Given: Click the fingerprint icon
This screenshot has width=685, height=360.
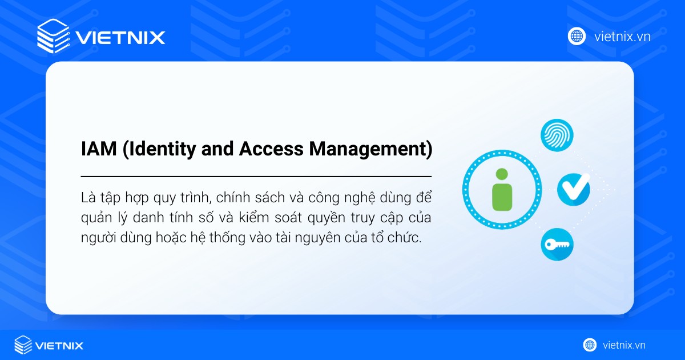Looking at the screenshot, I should tap(557, 135).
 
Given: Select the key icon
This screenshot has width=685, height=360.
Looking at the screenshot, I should tap(557, 245).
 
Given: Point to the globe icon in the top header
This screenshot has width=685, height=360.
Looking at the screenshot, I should tap(577, 37).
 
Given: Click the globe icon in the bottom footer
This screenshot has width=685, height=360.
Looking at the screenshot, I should tap(590, 345).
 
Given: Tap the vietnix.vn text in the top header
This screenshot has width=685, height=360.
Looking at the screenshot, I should tap(622, 37).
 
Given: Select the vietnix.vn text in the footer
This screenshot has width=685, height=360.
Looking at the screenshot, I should tap(624, 345).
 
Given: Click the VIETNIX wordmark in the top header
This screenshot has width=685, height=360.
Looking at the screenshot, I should tap(120, 38).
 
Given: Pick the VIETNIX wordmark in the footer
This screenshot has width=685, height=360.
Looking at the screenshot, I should tap(59, 346).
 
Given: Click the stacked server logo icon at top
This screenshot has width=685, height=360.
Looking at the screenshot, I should tap(53, 37).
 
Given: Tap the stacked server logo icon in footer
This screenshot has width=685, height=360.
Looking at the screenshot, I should tap(23, 345).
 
